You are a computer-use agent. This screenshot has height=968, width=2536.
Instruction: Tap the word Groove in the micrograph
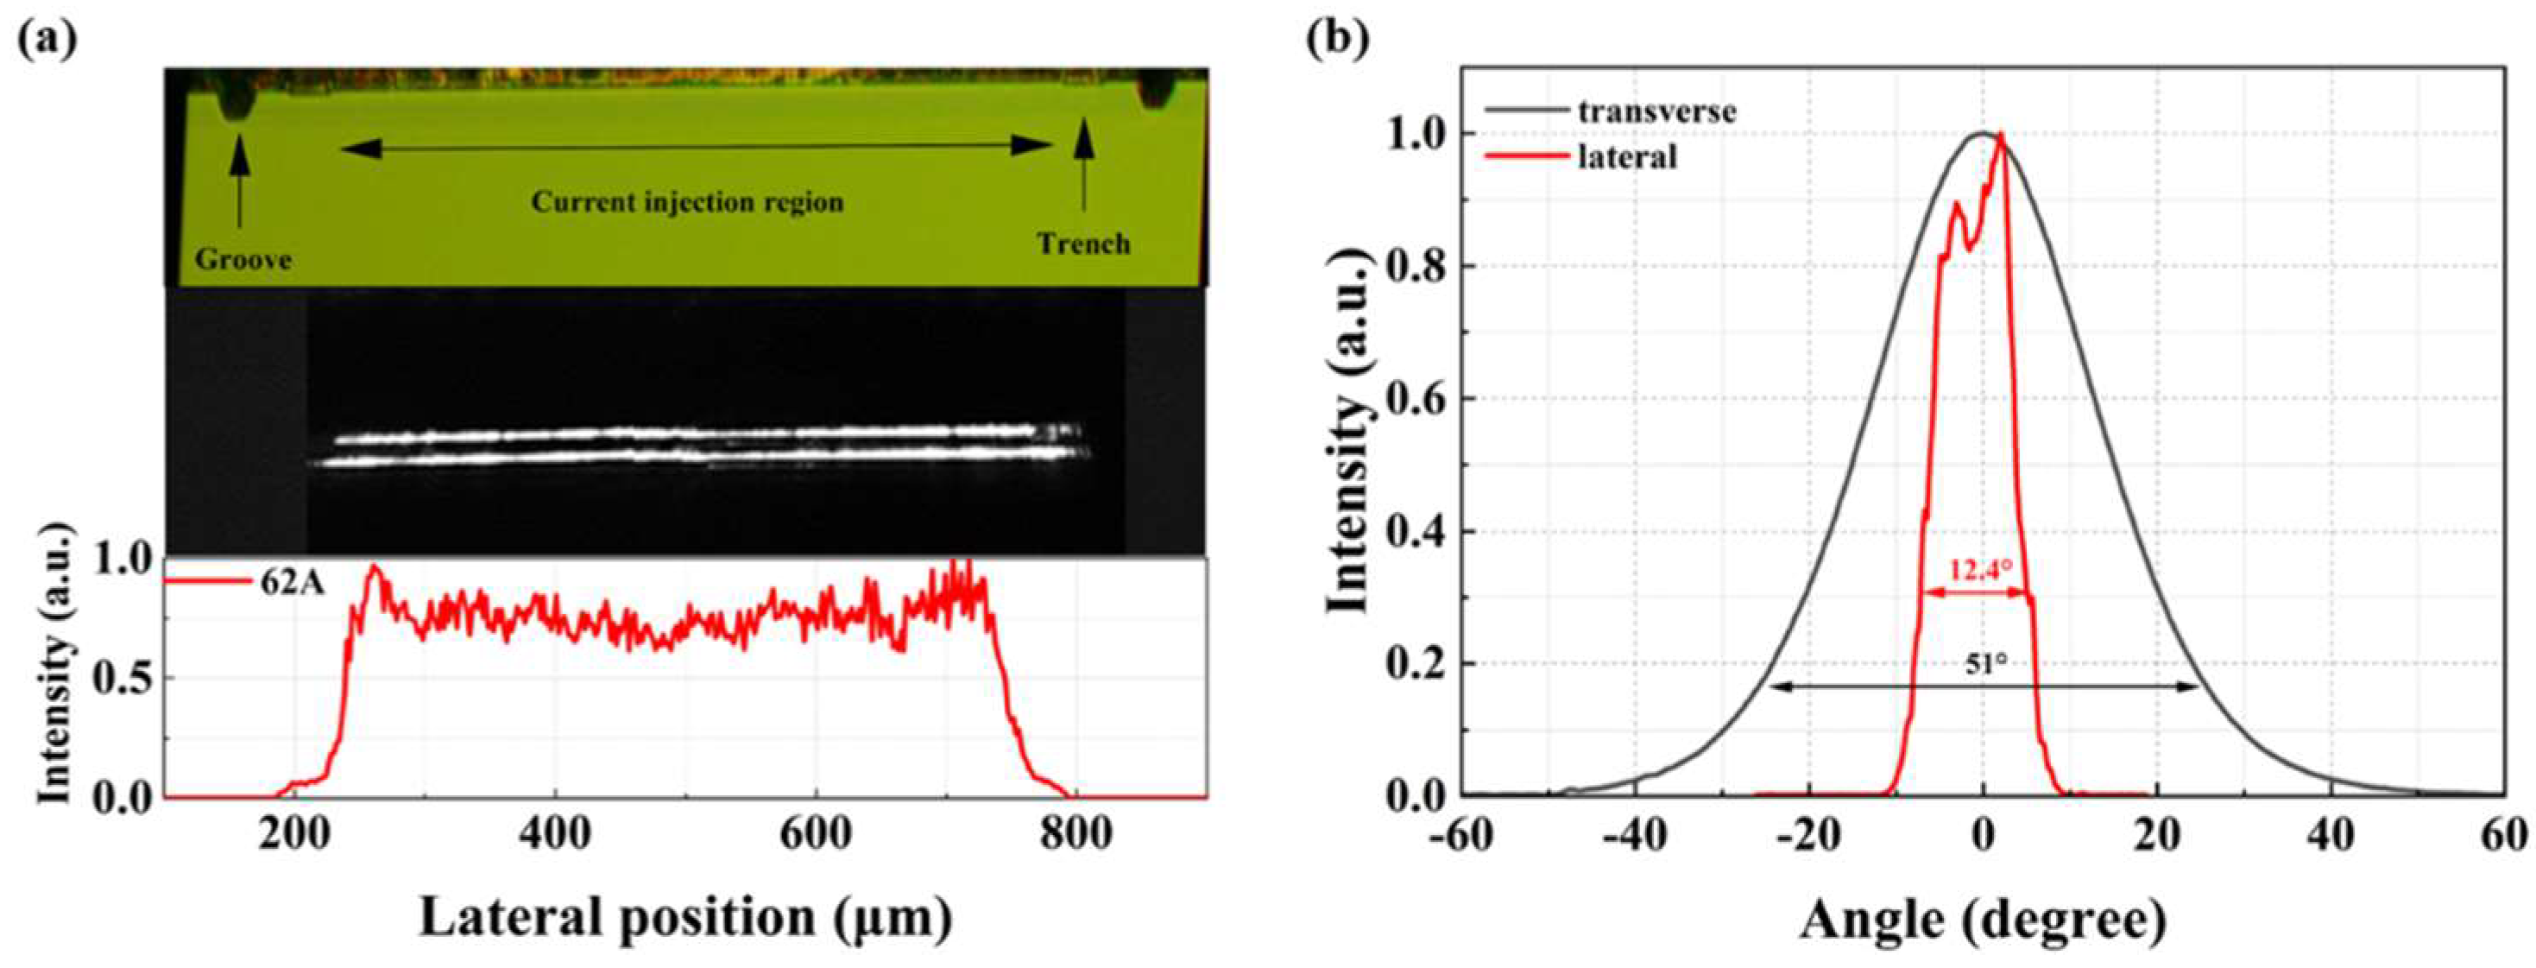click(x=243, y=260)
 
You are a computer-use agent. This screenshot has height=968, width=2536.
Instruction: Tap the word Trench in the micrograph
click(x=1083, y=244)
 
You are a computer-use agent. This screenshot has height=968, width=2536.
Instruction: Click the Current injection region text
click(x=687, y=202)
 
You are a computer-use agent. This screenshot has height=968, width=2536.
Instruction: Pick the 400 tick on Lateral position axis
click(x=555, y=835)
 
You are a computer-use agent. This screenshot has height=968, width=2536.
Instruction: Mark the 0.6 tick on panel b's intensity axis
click(x=1415, y=399)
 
